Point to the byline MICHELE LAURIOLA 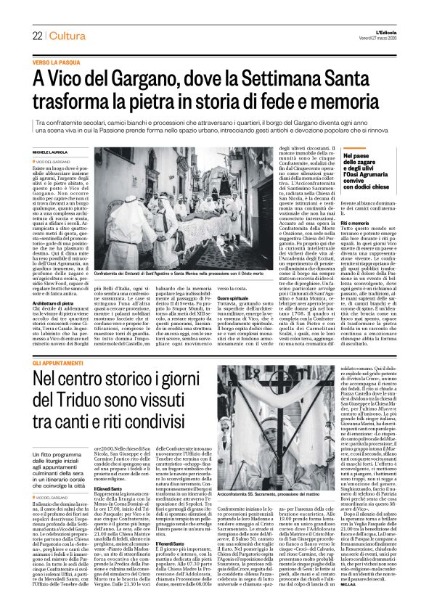[49, 151]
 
